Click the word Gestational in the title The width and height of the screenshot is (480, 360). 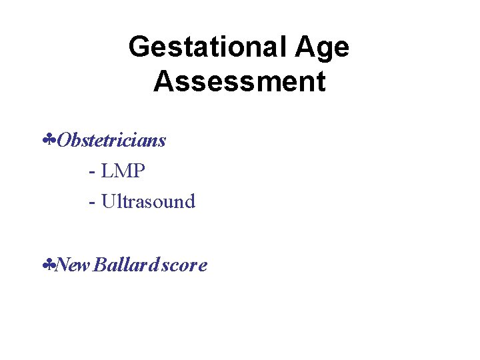(207, 48)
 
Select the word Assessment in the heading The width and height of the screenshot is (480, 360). (239, 82)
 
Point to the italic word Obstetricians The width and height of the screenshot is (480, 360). (111, 141)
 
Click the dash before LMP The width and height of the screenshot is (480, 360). (91, 172)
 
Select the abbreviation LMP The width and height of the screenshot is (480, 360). (123, 171)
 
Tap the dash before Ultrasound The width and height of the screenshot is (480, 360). (91, 202)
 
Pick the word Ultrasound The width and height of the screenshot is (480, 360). (148, 201)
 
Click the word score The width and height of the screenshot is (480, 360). (185, 265)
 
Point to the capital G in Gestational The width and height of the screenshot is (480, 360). (140, 48)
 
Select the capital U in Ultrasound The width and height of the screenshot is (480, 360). (108, 201)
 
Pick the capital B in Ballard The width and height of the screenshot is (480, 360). (100, 265)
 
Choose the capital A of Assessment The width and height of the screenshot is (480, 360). (164, 82)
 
